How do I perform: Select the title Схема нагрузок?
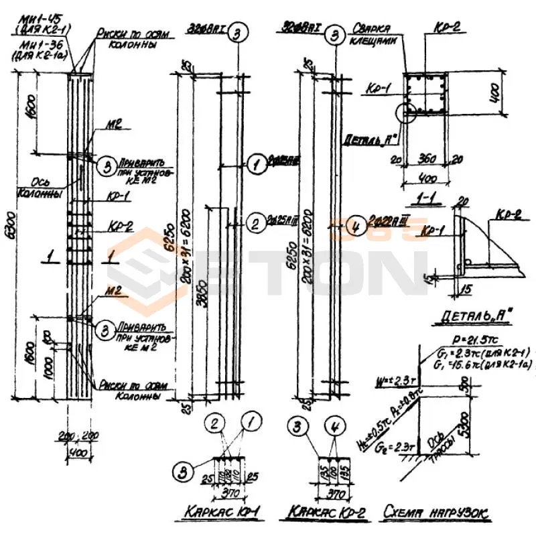[x=436, y=513]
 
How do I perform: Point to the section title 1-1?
[x=427, y=200]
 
